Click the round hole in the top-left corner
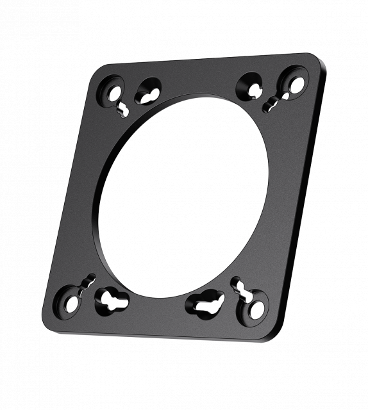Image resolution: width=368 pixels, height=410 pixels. point(114,93)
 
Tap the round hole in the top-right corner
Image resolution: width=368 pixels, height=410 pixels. point(297,83)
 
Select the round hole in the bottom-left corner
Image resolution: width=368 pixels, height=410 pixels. point(71,304)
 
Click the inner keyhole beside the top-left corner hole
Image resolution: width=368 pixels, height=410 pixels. point(149,92)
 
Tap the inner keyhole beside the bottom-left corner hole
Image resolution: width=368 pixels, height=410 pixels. point(112,300)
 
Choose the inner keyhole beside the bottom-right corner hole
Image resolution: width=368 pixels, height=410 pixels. point(206,304)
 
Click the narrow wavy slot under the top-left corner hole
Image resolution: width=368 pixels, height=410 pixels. point(124,110)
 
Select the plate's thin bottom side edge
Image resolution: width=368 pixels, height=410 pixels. point(160,332)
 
